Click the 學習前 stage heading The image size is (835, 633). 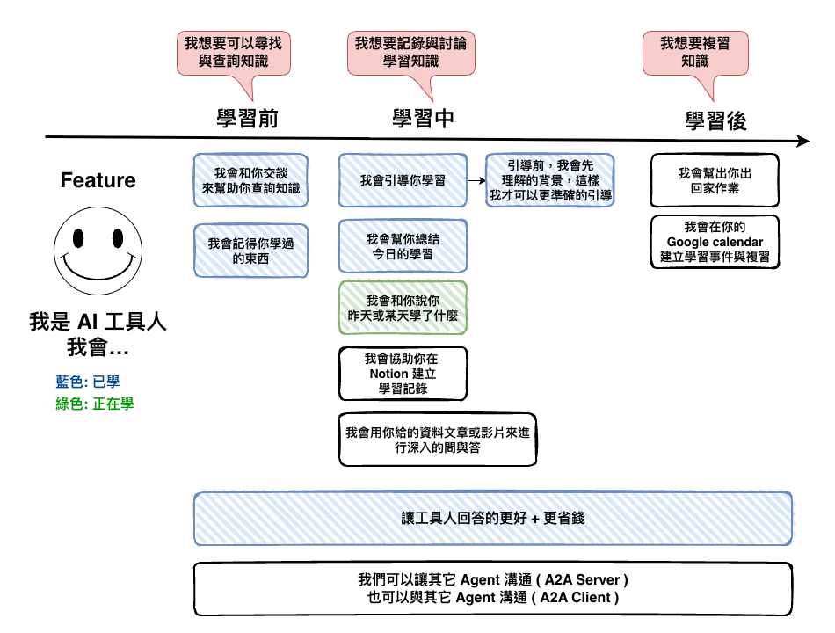(x=247, y=119)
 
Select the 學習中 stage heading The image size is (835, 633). (x=423, y=119)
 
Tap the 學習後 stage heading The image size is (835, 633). (x=715, y=121)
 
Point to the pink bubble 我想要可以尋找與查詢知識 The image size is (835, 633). (x=234, y=54)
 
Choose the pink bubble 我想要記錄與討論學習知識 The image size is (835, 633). (x=411, y=54)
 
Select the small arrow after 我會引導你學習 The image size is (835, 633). (x=476, y=180)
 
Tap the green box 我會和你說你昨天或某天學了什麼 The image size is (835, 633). (x=403, y=308)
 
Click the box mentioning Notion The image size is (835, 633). (x=403, y=374)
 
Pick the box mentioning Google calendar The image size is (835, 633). (x=715, y=242)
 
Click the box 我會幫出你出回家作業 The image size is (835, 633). (x=715, y=180)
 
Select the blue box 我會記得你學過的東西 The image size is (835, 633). (x=250, y=251)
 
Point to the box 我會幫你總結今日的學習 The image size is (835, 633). (x=403, y=246)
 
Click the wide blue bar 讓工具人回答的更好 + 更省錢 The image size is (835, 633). (x=493, y=519)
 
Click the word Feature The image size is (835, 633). (x=98, y=180)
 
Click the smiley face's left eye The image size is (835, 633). (x=78, y=238)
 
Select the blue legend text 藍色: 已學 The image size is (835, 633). (x=88, y=382)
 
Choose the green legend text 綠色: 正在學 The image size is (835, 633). (x=95, y=404)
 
